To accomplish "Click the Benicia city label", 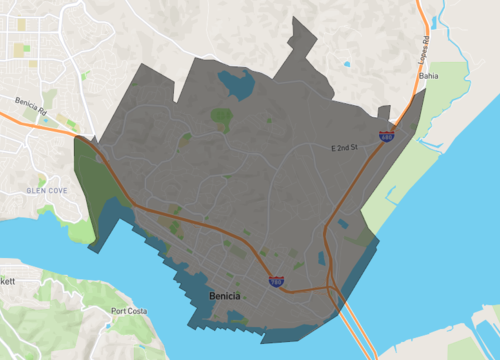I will (225, 297).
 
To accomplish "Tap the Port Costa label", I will (129, 311).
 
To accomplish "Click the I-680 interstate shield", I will (386, 134).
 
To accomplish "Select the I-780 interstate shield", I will (275, 283).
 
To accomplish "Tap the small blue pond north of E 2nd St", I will (347, 65).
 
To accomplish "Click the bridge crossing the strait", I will (354, 330).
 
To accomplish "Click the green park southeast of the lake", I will (221, 119).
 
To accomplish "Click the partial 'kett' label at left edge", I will (6, 283).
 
